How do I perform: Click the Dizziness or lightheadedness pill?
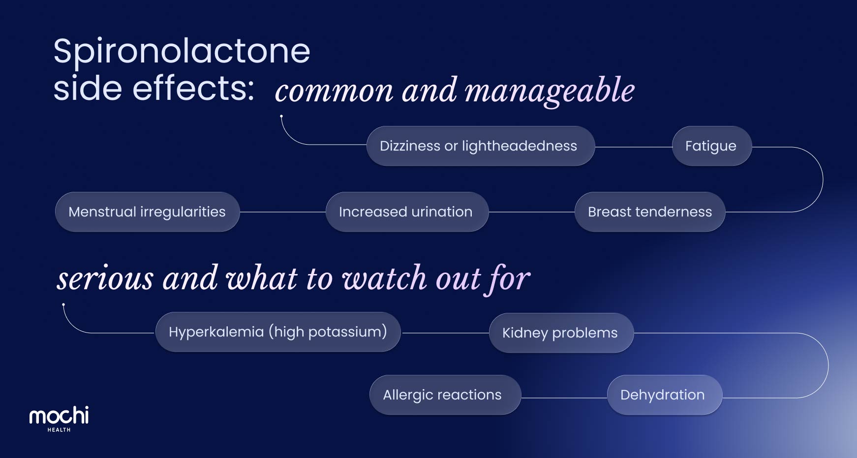481,146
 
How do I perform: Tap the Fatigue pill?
711,146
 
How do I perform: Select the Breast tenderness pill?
650,212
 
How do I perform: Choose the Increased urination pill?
407,212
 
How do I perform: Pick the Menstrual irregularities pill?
147,212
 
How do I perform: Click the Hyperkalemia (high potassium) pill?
278,332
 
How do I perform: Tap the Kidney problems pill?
561,333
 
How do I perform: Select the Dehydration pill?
664,395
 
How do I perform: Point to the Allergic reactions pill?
445,395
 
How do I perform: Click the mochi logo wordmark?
59,416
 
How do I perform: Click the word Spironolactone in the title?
182,51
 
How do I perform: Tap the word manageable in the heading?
550,92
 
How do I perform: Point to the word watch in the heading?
384,278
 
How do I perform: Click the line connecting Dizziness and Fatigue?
634,147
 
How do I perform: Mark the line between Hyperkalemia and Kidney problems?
445,333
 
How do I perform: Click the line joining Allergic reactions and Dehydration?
564,397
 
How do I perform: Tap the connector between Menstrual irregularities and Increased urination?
282,212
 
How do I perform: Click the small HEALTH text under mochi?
59,430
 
